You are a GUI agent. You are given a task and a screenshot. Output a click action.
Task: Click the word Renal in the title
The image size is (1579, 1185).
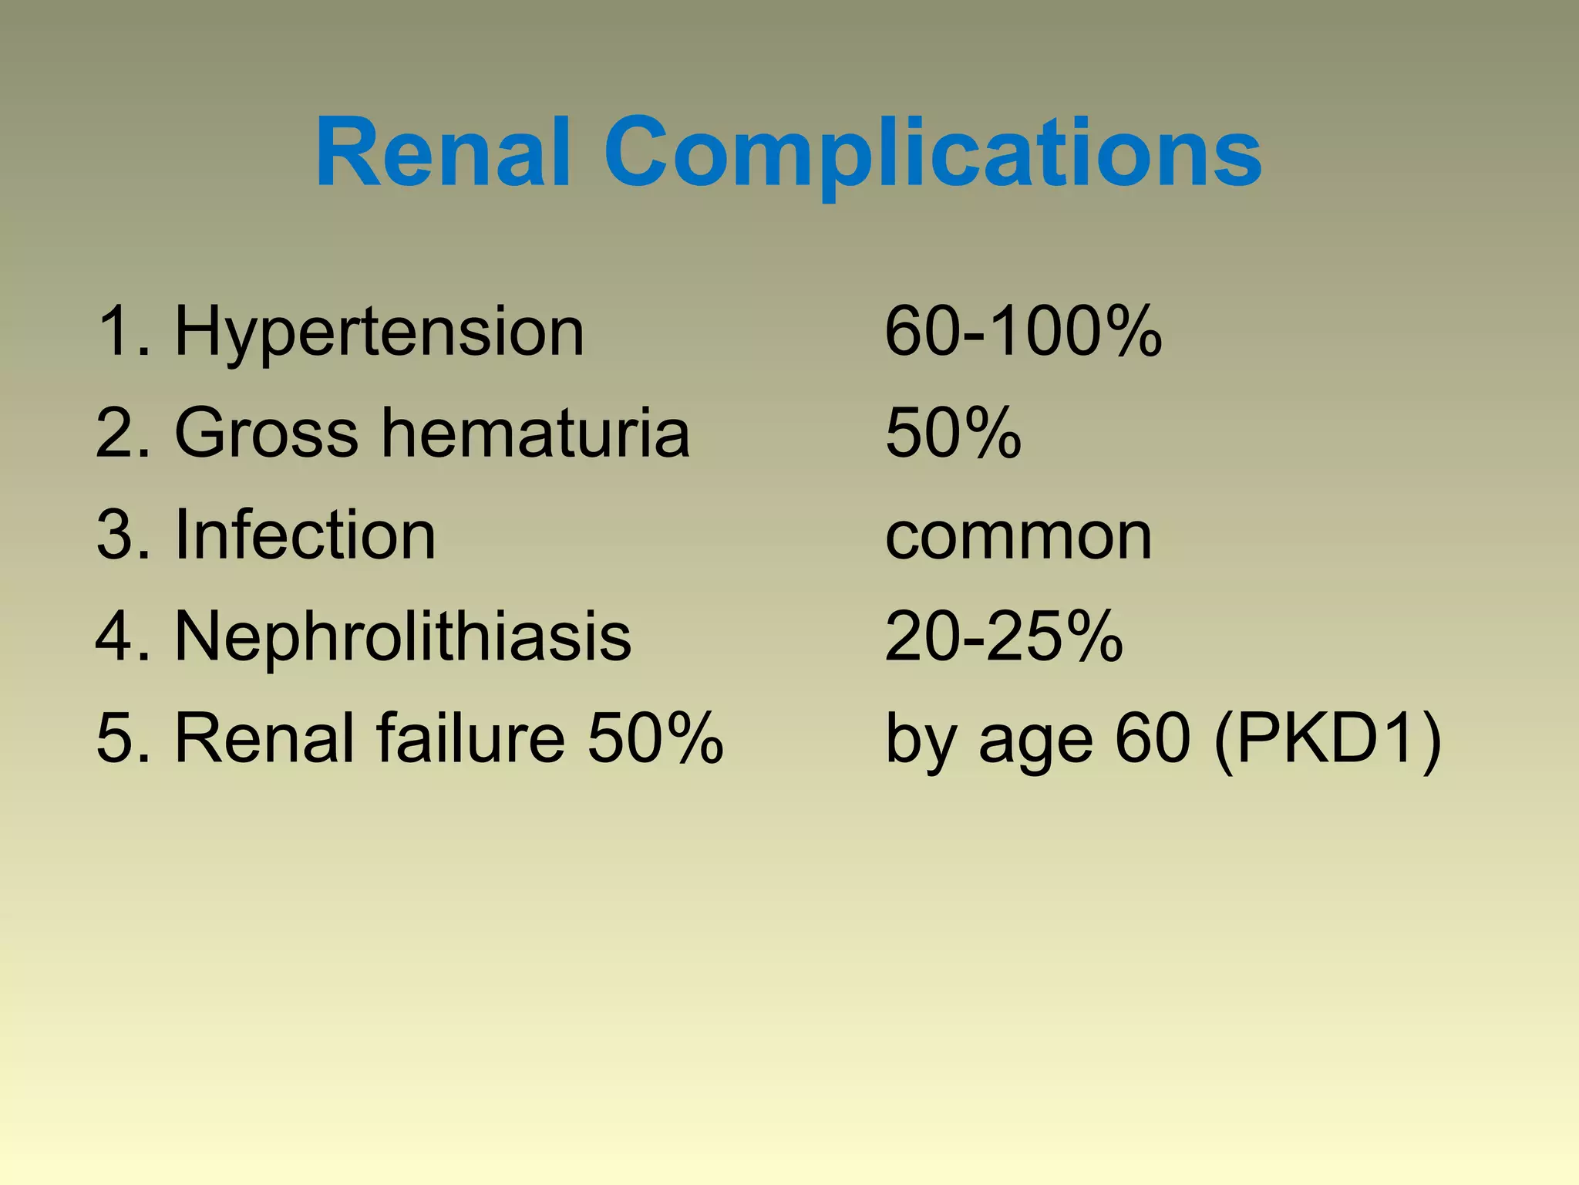pyautogui.click(x=443, y=152)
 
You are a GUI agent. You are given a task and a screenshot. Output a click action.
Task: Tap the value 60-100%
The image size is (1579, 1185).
pyautogui.click(x=1023, y=332)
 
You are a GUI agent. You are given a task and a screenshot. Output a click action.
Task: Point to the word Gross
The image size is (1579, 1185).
pyautogui.click(x=267, y=433)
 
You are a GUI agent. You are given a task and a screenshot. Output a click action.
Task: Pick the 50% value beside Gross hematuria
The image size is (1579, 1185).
pyautogui.click(x=953, y=433)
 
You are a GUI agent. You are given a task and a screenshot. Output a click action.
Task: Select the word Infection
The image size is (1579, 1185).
pyautogui.click(x=305, y=535)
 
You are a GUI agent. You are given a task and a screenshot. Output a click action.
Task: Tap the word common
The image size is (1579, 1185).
pyautogui.click(x=1018, y=536)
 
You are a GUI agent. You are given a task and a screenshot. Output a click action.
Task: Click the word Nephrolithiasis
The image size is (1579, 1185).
pyautogui.click(x=403, y=636)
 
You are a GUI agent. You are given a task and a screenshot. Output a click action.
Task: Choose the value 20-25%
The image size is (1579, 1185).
pyautogui.click(x=1003, y=636)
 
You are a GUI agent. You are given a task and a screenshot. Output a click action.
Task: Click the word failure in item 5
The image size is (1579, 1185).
pyautogui.click(x=471, y=738)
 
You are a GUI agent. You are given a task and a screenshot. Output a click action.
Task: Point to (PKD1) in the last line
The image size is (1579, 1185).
pyautogui.click(x=1327, y=740)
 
